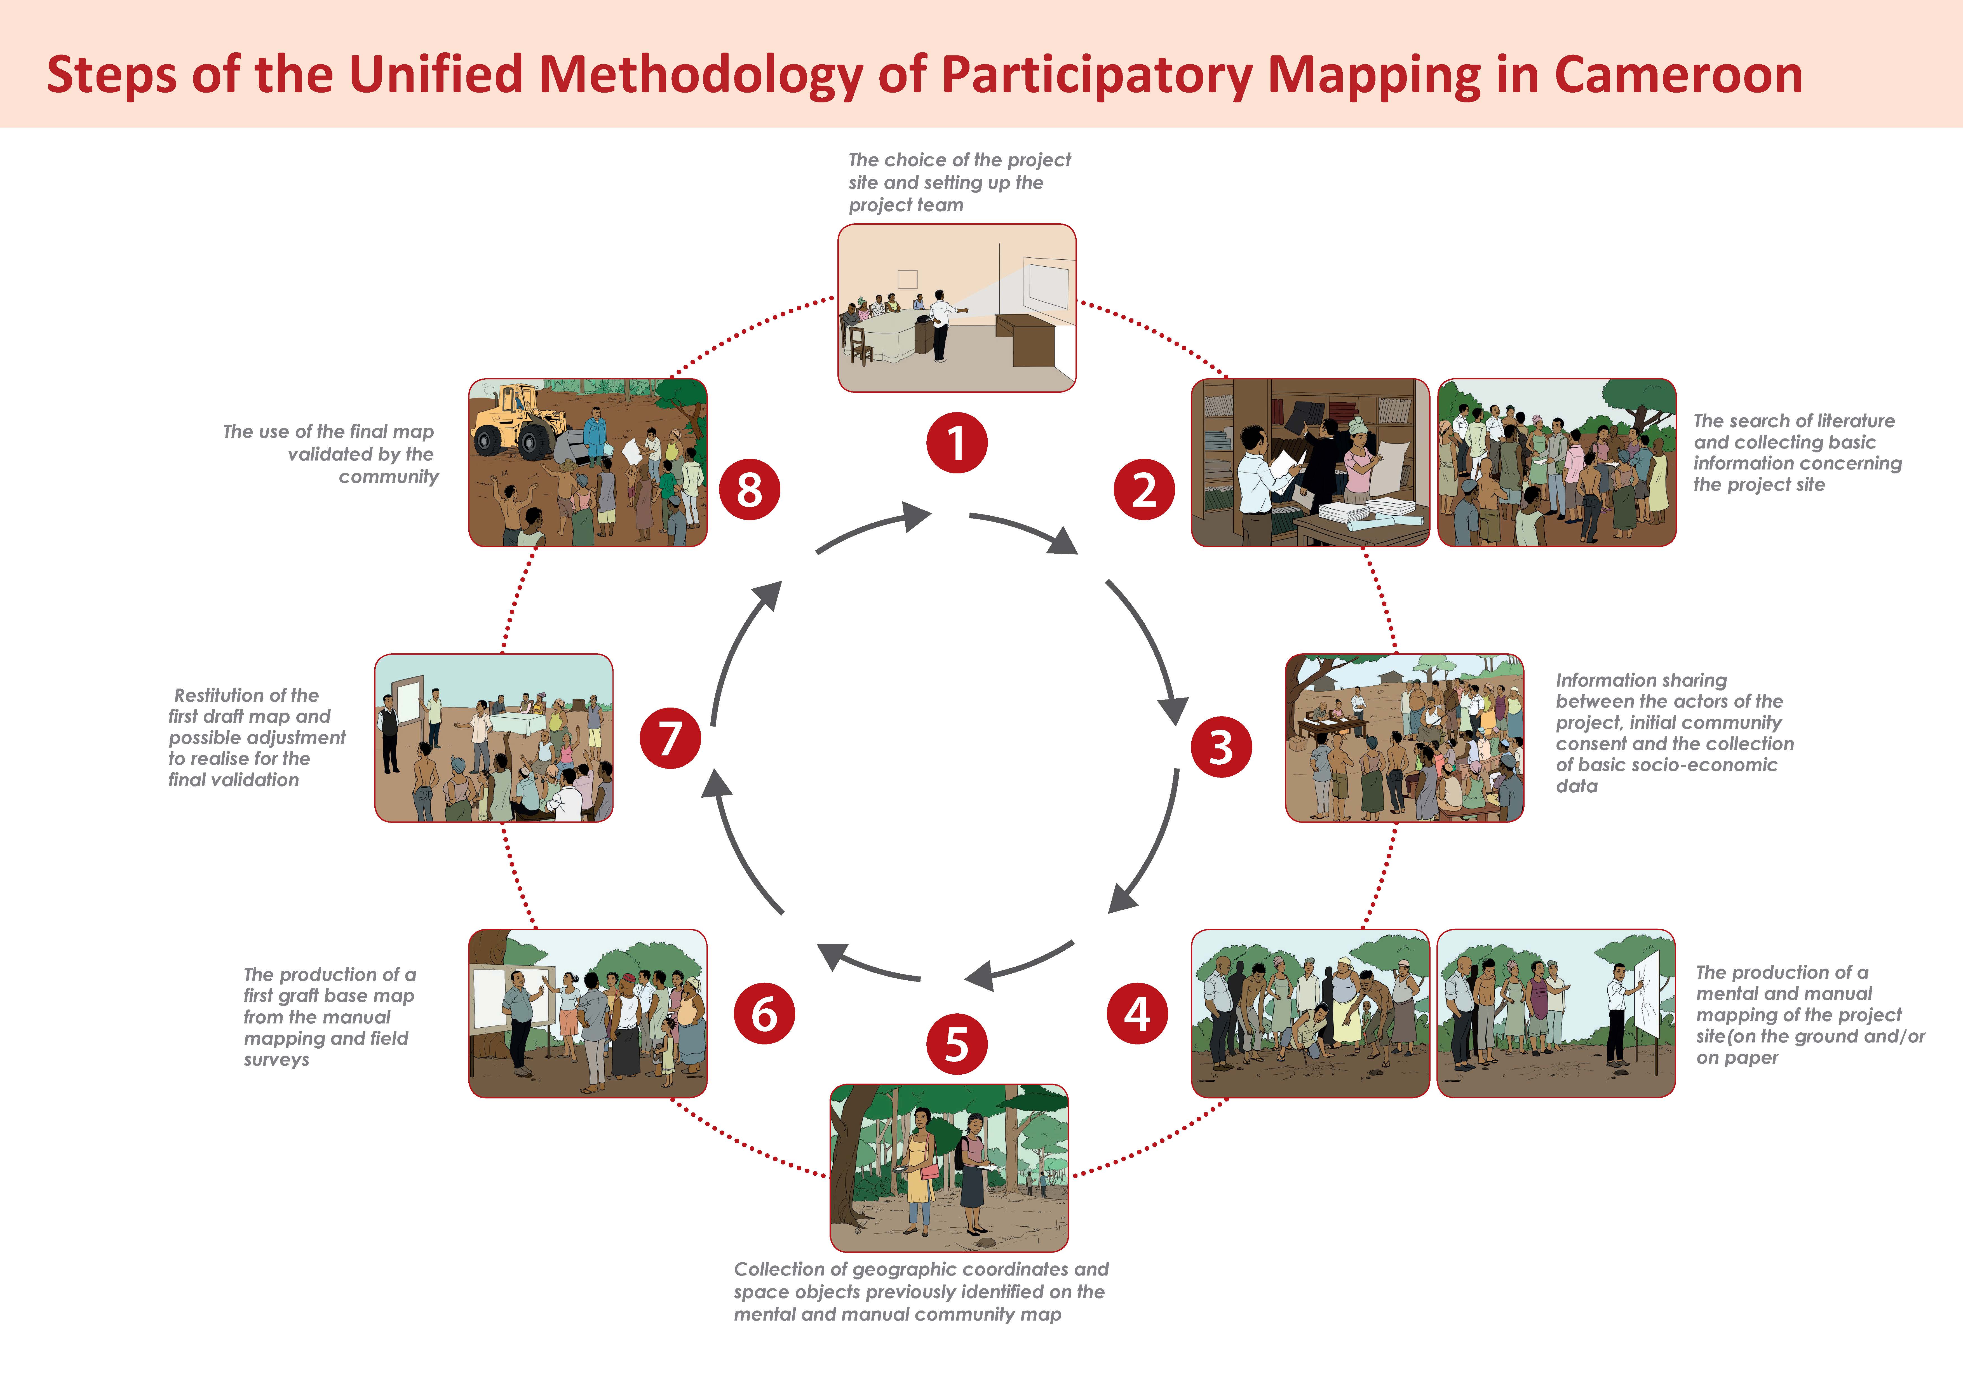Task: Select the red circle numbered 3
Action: [1221, 746]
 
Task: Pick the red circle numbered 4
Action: [1137, 1013]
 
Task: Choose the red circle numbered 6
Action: [764, 1013]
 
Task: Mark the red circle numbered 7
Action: [670, 737]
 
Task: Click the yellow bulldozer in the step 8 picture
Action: [522, 423]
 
